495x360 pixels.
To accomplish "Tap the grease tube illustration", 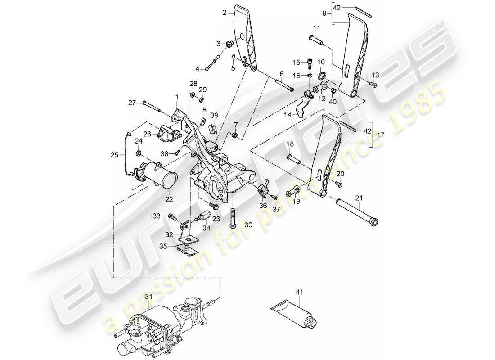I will tap(295, 315).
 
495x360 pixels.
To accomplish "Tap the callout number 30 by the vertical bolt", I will tap(249, 225).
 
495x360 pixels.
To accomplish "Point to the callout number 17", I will tap(381, 134).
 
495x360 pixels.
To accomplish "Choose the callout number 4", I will tap(197, 69).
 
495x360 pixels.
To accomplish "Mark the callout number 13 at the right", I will tap(376, 74).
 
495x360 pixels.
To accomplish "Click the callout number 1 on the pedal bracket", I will tap(177, 96).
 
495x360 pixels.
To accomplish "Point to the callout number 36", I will tap(263, 205).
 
